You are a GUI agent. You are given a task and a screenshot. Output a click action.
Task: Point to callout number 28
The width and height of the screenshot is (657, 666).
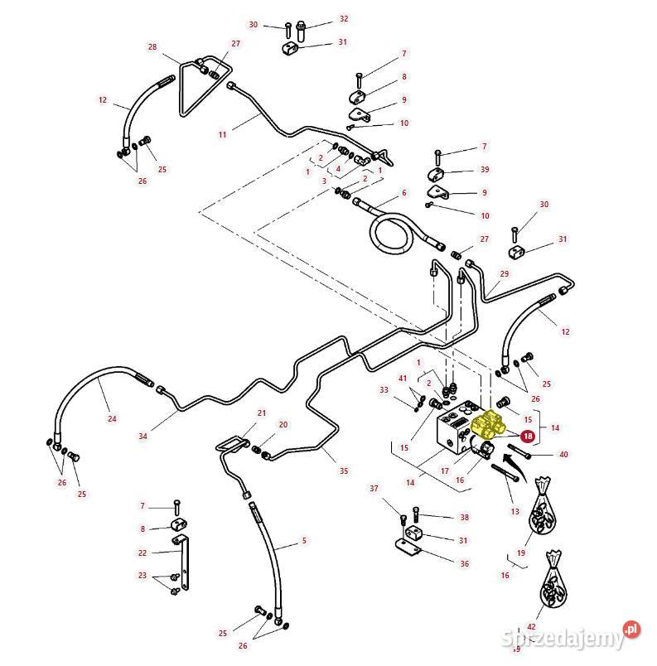pos(152,47)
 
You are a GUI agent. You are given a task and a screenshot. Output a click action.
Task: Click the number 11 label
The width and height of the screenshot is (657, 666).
pos(222,133)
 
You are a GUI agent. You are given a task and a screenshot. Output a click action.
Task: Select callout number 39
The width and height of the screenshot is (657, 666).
pos(485,169)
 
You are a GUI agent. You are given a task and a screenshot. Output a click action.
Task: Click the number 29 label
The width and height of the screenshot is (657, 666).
pos(504,273)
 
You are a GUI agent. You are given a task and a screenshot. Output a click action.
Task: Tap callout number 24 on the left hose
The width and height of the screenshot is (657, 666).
pos(112,418)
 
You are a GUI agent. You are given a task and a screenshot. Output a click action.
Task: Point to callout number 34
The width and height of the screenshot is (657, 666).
pos(143,436)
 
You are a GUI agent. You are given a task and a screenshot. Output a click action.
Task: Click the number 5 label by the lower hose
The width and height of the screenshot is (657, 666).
pos(304,540)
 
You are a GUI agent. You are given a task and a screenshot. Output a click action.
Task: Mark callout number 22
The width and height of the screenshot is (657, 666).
pos(143,553)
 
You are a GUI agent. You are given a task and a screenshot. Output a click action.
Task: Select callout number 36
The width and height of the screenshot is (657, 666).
pos(464,563)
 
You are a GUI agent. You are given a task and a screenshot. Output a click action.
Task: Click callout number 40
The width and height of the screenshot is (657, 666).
pos(563,454)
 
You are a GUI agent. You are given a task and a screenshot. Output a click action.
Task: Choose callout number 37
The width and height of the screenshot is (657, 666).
pos(374,488)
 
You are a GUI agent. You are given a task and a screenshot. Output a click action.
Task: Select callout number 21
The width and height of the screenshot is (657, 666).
pos(261,413)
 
